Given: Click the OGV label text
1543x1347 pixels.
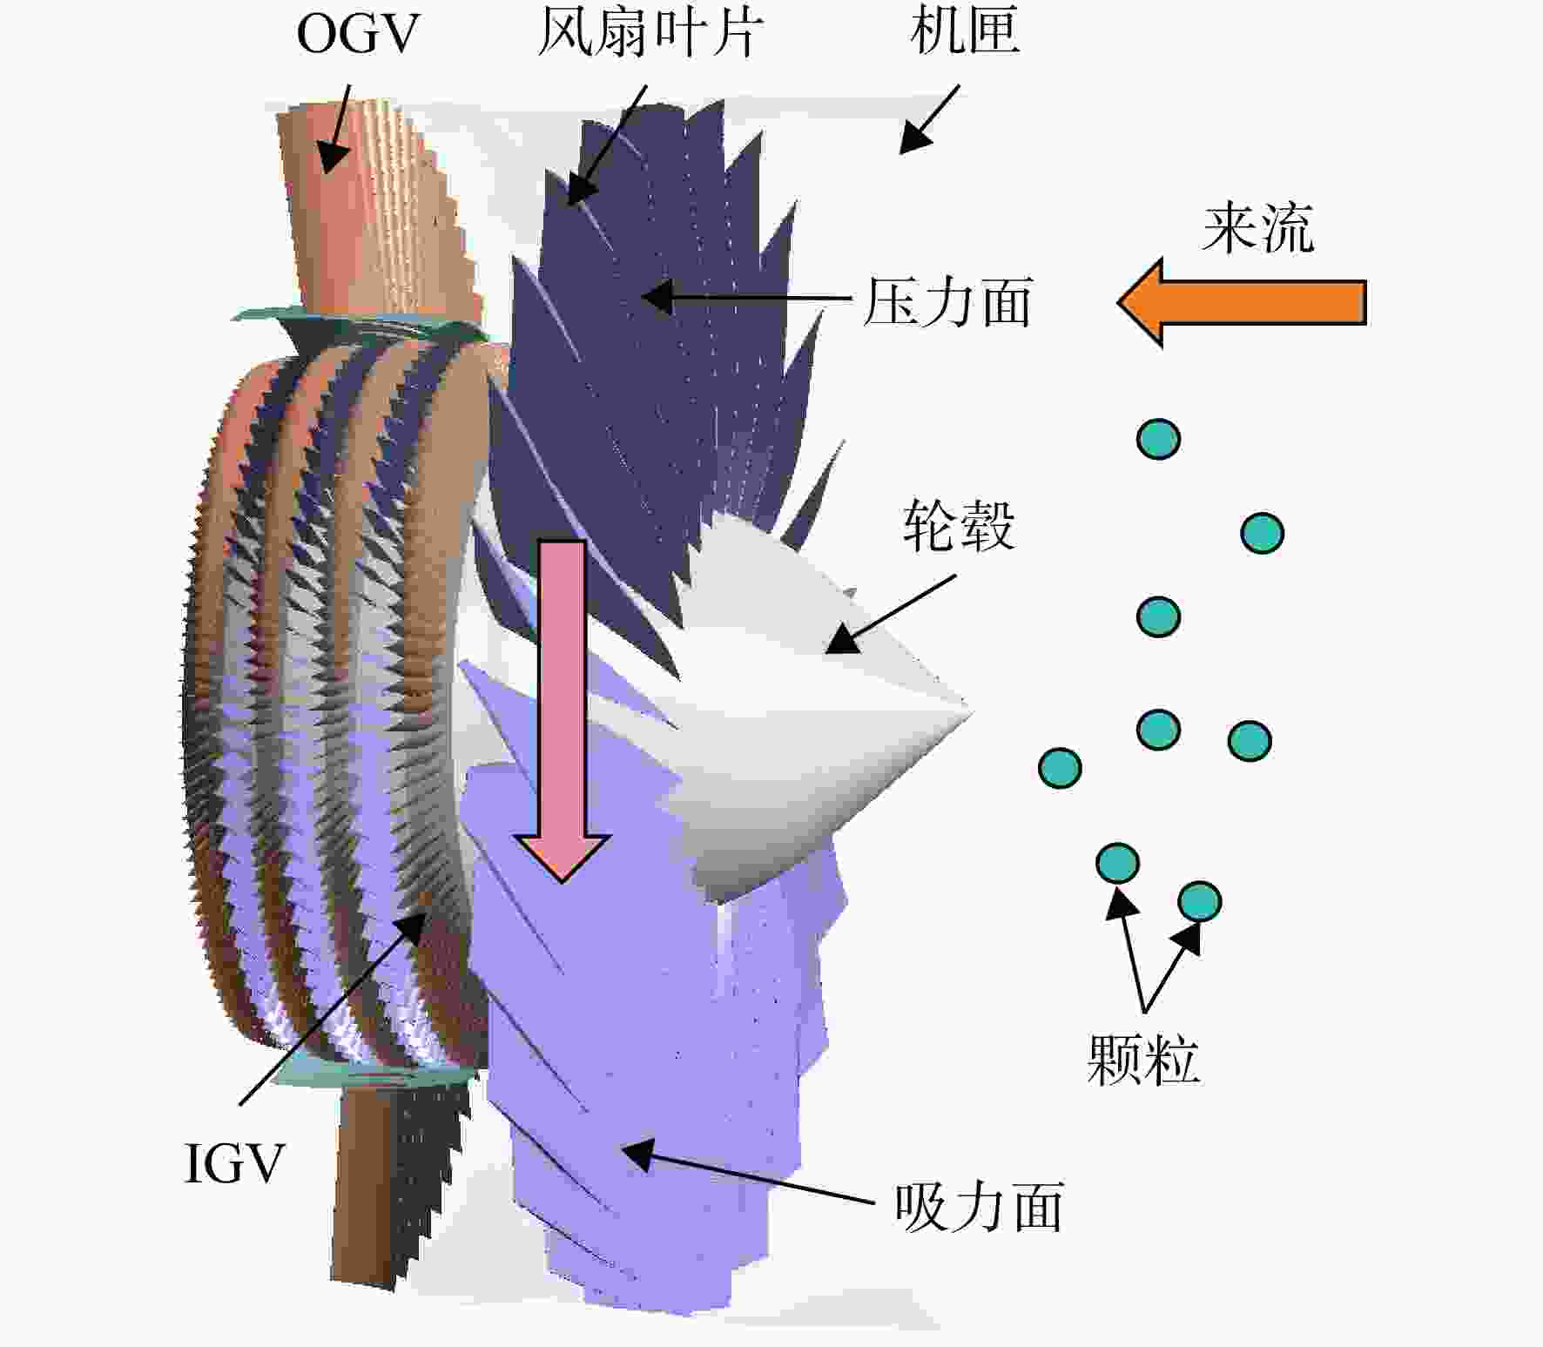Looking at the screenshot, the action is (358, 35).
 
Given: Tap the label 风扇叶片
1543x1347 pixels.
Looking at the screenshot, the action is (650, 33).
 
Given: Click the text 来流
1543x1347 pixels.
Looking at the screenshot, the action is (1258, 228).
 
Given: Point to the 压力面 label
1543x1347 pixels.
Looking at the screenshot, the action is (947, 302).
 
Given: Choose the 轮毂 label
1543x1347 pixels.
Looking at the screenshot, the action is (959, 526).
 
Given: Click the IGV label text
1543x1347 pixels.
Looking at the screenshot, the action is (235, 1163).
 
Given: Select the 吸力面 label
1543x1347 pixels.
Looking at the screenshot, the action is (979, 1207).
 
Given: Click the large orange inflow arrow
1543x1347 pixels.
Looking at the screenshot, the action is (1242, 302).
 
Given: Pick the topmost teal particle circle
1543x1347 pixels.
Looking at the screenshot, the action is (1159, 439).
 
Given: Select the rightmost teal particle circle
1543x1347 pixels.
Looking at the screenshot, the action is (1263, 533).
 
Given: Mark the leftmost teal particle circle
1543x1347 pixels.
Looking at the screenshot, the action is (1061, 768).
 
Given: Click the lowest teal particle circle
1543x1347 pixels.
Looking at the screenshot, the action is (1200, 902).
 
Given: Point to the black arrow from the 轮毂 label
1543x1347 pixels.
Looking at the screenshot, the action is (890, 615).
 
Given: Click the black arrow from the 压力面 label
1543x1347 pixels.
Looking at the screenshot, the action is (745, 297).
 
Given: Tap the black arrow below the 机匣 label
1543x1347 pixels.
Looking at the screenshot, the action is (929, 119).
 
